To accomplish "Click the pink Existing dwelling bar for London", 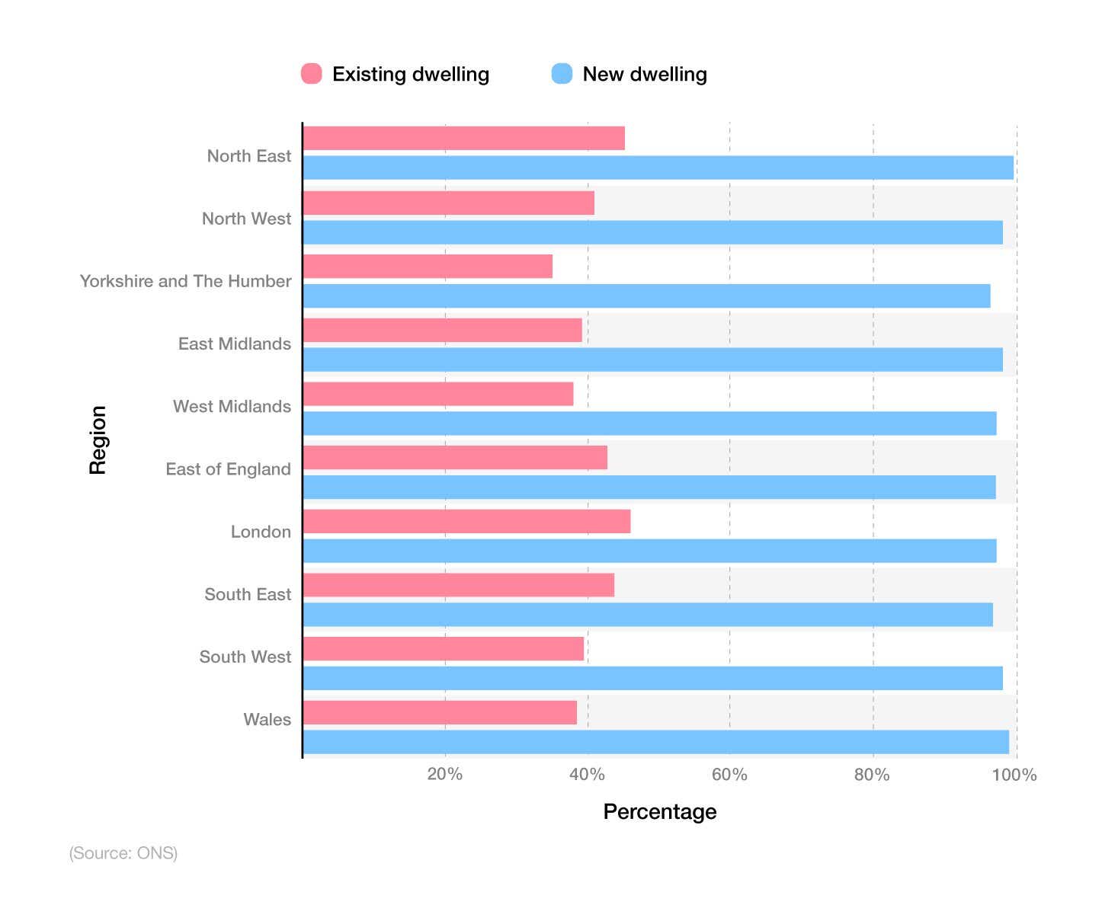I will pos(466,522).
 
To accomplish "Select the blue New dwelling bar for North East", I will pos(658,168).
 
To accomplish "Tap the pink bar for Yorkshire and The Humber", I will pos(428,267).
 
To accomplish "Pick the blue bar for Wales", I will pos(655,742).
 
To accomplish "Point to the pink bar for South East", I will pos(459,585).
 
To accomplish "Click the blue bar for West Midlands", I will pos(649,424).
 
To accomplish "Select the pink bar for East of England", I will pos(455,458).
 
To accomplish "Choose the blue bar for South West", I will pos(652,678).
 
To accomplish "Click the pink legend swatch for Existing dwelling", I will pos(312,74).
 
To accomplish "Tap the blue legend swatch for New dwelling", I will pos(562,74).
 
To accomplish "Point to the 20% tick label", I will pos(444,775).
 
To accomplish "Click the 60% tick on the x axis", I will pos(729,775).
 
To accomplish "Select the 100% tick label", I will pos(1014,775).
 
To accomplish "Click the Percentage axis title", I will pos(659,812).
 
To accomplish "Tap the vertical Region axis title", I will pos(98,440).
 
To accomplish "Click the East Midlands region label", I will pos(235,344).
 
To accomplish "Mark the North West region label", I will pos(246,219).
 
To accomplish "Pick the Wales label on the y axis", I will pos(267,720).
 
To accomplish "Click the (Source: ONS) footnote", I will pos(123,853).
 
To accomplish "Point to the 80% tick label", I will pos(872,775).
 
